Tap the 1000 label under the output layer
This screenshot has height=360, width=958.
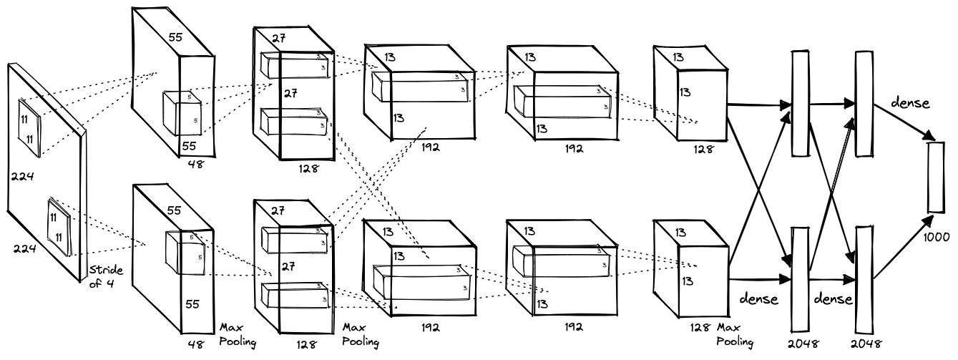point(938,235)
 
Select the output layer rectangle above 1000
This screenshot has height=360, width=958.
point(937,177)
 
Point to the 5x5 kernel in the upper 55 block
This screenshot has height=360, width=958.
point(182,112)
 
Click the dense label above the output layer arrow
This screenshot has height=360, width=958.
point(909,102)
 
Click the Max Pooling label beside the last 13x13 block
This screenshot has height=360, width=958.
point(735,334)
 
